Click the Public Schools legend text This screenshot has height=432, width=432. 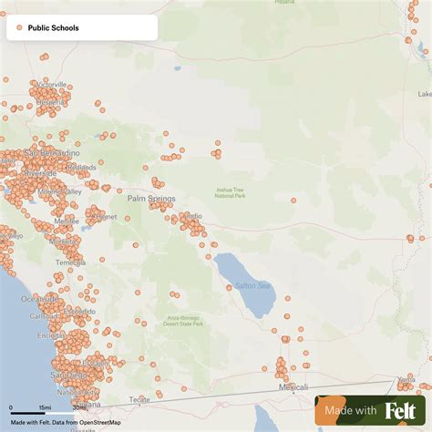pos(53,28)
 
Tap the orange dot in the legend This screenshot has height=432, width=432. pos(19,28)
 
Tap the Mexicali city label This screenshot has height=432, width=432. pos(293,387)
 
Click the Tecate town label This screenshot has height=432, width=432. pos(139,399)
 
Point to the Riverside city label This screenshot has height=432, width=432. pos(40,172)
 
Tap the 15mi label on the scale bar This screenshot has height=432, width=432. pos(45,406)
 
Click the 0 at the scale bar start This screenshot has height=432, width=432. pos(11,406)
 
